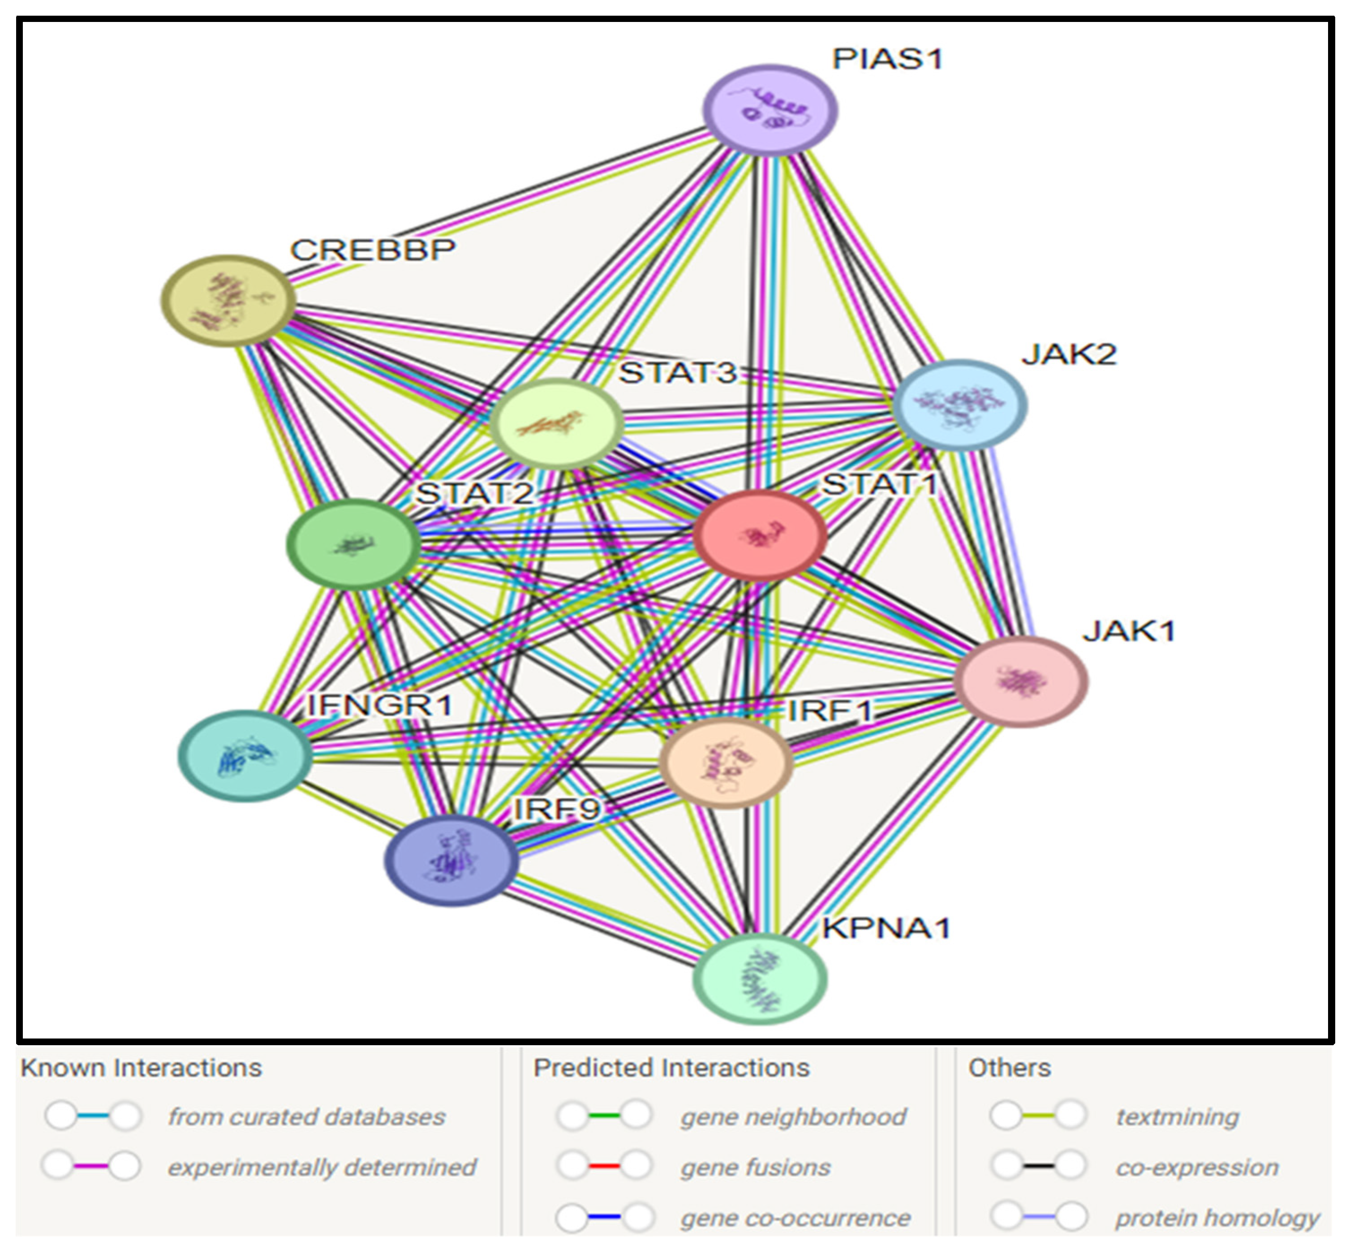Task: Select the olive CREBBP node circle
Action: click(228, 301)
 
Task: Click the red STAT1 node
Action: click(760, 535)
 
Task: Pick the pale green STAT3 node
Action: click(556, 423)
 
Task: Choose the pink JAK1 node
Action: click(1021, 681)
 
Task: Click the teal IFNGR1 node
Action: click(245, 755)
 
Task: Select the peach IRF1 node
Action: click(725, 763)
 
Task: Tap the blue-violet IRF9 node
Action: click(451, 861)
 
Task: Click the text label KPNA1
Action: click(886, 928)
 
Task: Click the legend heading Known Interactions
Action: click(141, 1067)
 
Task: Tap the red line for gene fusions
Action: click(604, 1167)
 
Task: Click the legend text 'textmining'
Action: click(1177, 1116)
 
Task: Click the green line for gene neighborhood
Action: click(604, 1116)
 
